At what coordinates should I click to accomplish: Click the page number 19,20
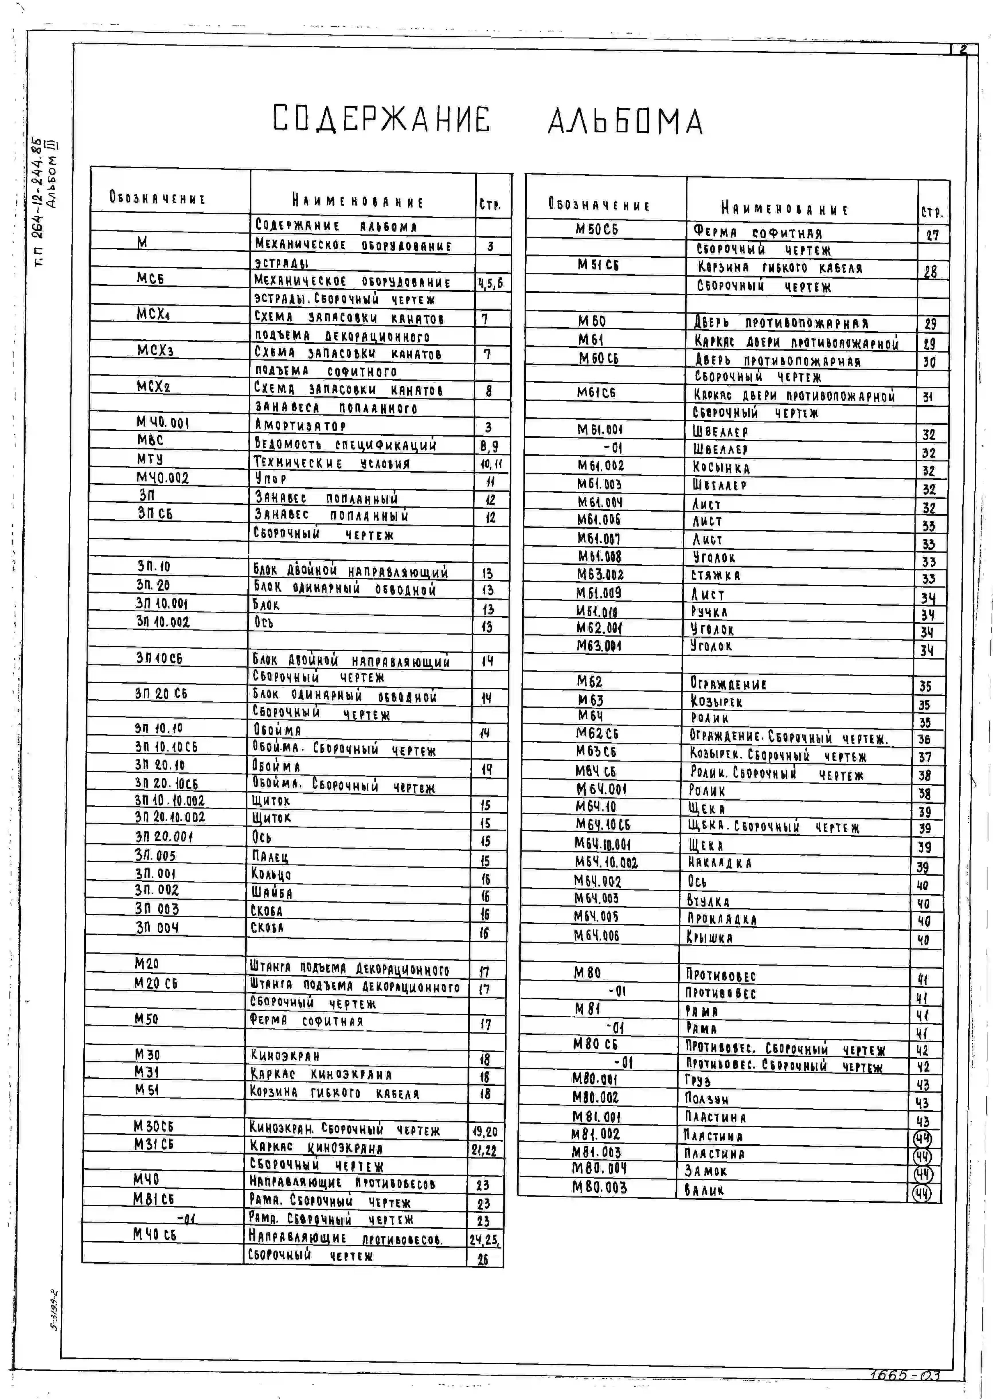coord(485,1131)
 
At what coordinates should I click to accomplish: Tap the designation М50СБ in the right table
coord(597,229)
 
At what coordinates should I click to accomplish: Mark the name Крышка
coord(709,937)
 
